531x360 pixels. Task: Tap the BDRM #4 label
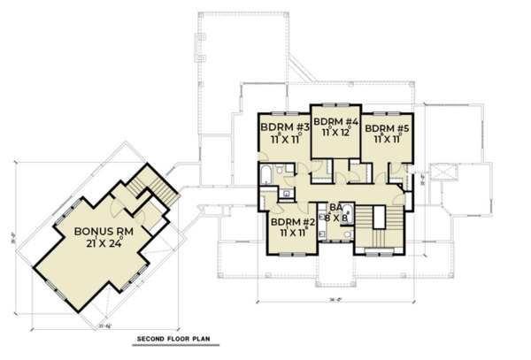[335, 121]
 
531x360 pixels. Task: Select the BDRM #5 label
[386, 126]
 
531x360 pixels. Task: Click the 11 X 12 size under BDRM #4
[335, 133]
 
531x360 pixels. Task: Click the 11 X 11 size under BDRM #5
[387, 138]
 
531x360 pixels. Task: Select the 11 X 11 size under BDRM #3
[279, 138]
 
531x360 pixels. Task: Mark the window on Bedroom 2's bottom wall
[291, 254]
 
